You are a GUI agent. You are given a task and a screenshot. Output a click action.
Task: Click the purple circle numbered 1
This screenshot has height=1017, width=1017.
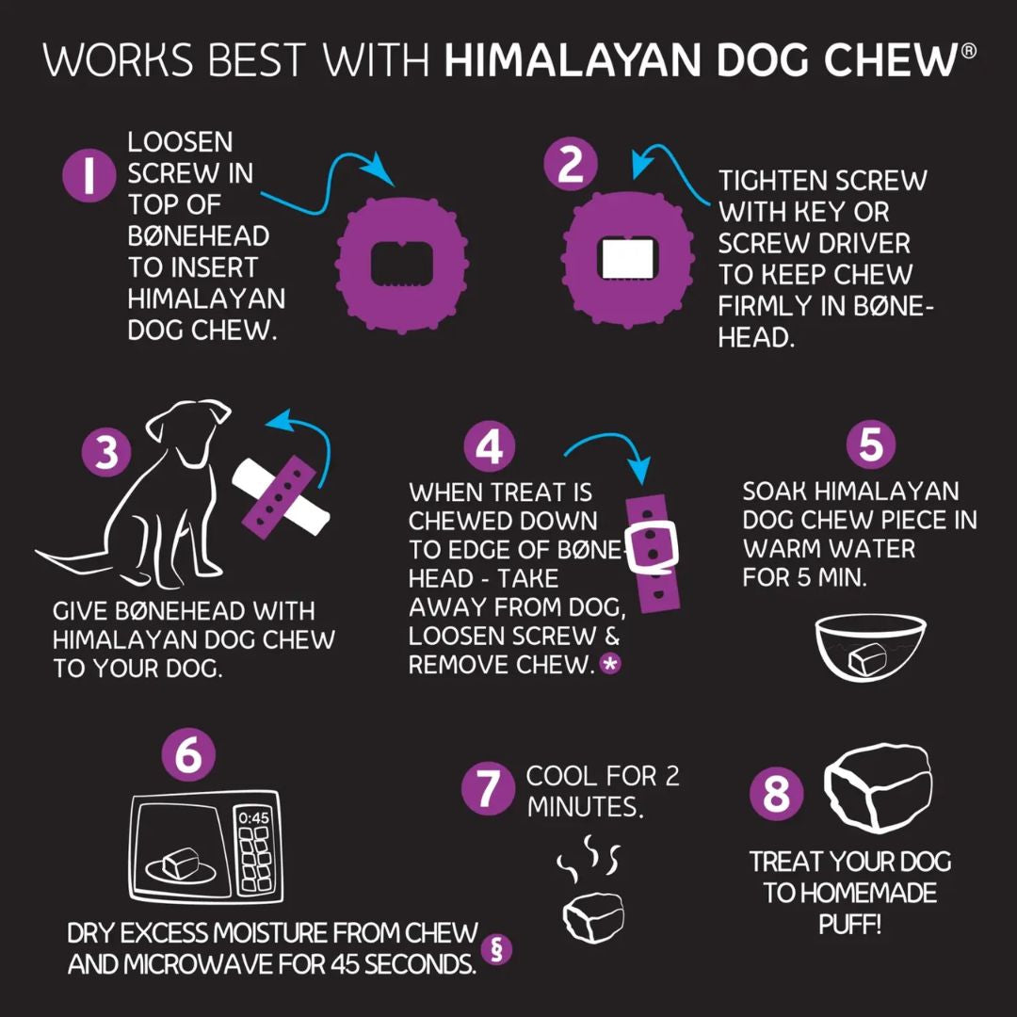pos(89,177)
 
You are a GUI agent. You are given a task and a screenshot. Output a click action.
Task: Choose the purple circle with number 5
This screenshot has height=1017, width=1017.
pos(870,444)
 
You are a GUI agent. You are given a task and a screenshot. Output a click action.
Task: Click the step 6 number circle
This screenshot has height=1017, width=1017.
pos(188,755)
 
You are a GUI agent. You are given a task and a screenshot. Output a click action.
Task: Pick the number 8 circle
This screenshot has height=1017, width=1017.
pos(776,794)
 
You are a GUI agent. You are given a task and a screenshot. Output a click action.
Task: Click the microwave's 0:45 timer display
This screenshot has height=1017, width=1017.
pos(253,817)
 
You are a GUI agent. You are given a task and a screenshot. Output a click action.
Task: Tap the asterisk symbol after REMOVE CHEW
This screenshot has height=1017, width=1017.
pos(610,665)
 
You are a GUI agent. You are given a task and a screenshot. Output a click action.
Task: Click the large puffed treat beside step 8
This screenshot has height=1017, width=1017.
pos(879,790)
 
